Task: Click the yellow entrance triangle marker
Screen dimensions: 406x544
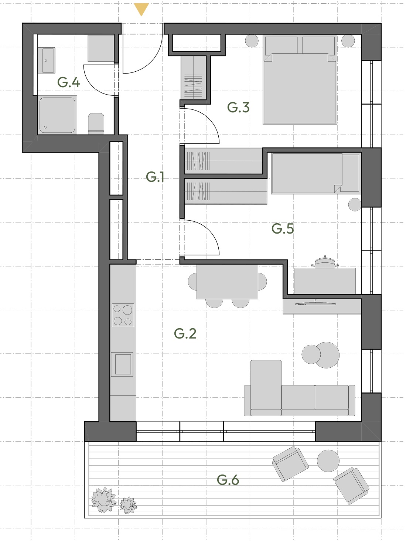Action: tap(141, 9)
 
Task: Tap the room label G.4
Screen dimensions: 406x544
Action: tap(68, 82)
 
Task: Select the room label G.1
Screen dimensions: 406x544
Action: tap(155, 177)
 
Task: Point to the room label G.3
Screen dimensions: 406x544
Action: tap(238, 108)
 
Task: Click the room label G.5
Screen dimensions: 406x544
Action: tap(283, 228)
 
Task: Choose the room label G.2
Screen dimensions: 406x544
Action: tap(185, 333)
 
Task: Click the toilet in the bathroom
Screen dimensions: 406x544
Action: tap(96, 124)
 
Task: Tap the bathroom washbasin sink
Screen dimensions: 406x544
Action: tap(48, 61)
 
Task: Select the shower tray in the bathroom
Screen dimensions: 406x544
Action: tap(57, 115)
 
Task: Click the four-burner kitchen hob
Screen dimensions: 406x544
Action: tap(123, 315)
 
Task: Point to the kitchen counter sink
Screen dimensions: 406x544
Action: tap(123, 364)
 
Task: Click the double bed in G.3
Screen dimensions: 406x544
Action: tap(300, 80)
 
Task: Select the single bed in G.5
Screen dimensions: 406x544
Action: tap(315, 173)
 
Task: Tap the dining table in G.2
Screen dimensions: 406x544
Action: tap(227, 282)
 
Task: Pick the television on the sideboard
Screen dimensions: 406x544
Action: tap(315, 302)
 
